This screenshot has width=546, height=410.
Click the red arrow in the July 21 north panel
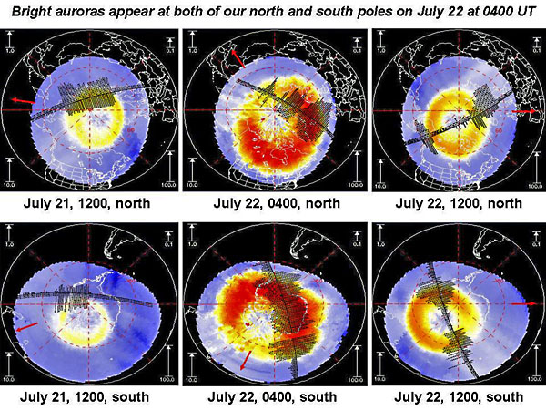(25, 99)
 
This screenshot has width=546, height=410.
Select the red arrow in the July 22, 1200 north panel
(525, 110)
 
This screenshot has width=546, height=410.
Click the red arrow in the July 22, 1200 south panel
(525, 305)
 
